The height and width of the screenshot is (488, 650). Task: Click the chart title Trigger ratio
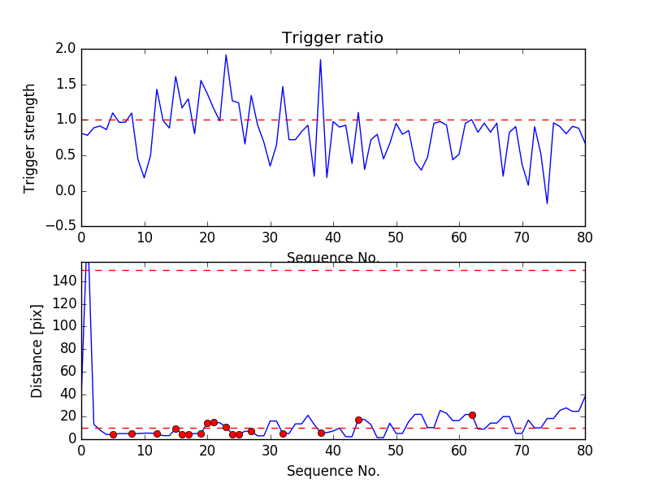(x=332, y=38)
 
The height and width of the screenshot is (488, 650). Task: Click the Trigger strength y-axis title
(x=30, y=137)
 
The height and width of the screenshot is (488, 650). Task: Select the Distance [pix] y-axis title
(x=37, y=350)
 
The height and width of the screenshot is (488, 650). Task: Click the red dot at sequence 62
(x=472, y=415)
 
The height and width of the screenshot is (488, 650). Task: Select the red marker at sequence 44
(x=358, y=420)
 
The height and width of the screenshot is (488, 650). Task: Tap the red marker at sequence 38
(x=321, y=433)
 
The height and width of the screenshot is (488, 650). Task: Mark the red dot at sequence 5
(x=113, y=434)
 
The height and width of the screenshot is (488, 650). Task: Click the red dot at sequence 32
(x=283, y=434)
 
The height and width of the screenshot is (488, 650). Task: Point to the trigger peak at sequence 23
(x=226, y=55)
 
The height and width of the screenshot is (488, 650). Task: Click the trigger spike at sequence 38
(x=320, y=59)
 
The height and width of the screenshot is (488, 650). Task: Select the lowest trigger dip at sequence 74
(x=547, y=203)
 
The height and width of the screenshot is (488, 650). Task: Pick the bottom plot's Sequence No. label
(x=332, y=471)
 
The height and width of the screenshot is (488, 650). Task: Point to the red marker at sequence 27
(x=251, y=431)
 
